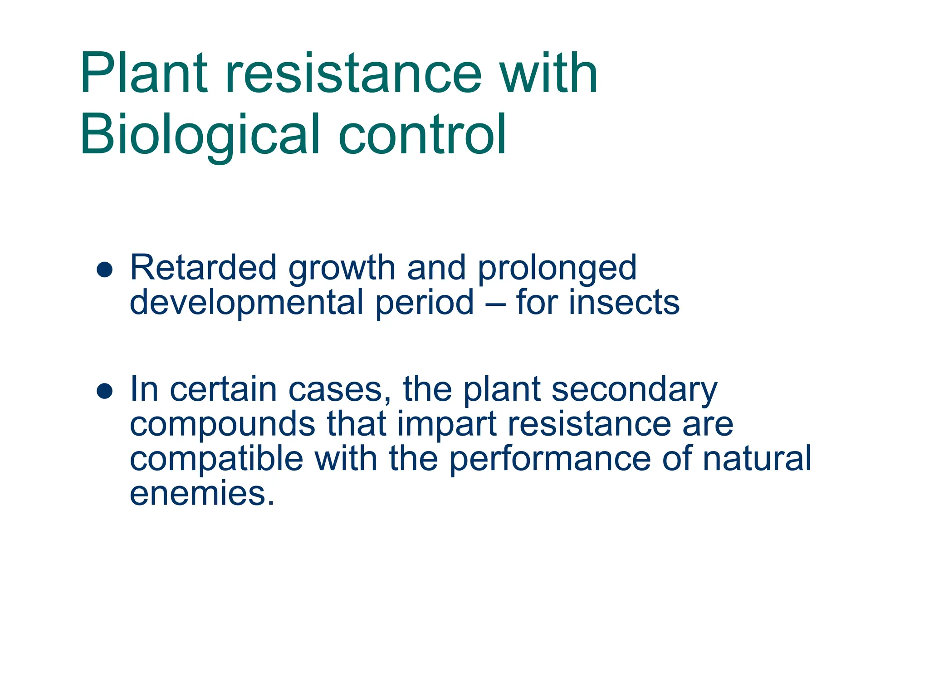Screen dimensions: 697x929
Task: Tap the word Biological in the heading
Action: (200, 135)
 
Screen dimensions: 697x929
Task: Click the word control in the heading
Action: (422, 134)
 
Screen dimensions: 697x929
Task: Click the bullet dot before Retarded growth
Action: (105, 270)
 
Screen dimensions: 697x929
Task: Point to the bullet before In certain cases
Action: (105, 391)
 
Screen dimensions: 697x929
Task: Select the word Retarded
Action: (203, 268)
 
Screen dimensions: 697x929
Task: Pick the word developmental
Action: (246, 304)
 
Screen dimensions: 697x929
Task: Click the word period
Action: (425, 304)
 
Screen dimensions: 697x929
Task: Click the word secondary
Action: (634, 391)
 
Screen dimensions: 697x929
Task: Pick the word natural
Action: (757, 458)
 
